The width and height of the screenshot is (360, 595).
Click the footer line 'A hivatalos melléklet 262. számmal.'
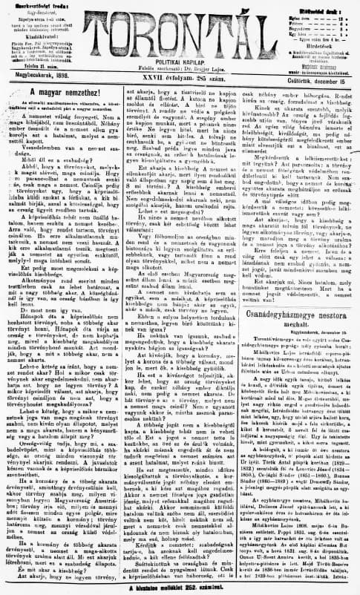[180, 588]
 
